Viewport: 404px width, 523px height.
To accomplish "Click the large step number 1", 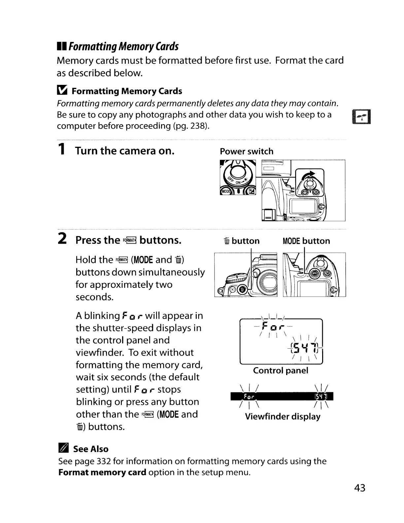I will (x=61, y=150).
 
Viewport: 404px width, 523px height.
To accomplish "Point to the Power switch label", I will (x=247, y=151).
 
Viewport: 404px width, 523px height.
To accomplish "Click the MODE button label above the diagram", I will (x=306, y=241).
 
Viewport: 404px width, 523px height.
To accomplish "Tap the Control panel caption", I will (x=281, y=370).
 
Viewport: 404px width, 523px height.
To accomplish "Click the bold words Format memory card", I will (x=102, y=472).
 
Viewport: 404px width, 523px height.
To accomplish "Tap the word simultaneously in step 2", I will (x=170, y=272).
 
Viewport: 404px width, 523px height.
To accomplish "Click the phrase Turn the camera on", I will (x=125, y=151).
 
